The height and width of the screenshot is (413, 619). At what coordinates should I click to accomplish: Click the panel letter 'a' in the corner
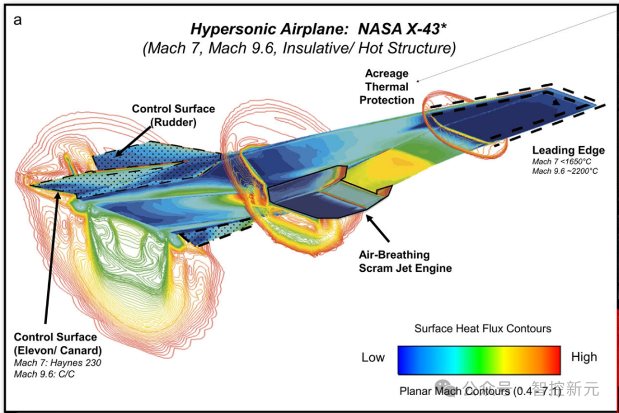18,21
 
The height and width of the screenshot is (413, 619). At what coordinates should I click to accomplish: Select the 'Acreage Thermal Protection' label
387,87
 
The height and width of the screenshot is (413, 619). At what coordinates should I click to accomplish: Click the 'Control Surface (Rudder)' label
174,115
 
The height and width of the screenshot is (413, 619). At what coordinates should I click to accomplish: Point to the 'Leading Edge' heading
568,151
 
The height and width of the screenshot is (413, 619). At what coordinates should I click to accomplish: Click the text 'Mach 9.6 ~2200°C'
565,171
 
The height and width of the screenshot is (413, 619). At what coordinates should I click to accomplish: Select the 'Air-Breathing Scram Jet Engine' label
405,262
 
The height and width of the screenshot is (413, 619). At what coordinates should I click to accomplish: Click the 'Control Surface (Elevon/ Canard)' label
55,344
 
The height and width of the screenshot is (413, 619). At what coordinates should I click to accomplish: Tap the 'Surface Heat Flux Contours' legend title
483,329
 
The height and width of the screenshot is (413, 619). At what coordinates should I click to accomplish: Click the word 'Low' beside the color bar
373,358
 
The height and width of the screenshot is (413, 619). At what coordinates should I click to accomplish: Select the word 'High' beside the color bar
583,357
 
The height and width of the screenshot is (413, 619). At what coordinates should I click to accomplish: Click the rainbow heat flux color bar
479,360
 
